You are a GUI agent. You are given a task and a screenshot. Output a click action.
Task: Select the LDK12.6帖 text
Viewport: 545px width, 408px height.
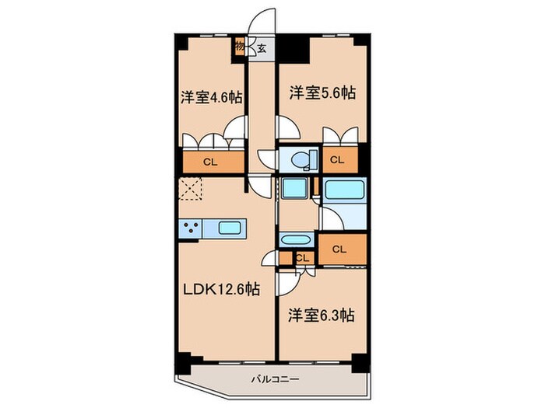tap(222, 289)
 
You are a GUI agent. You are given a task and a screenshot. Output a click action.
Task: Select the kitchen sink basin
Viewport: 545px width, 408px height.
tap(231, 228)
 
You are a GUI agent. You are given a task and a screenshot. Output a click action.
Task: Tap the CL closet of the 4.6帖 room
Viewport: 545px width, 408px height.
tap(209, 162)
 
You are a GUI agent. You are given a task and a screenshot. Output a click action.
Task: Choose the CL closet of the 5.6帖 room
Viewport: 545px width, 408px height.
tap(336, 160)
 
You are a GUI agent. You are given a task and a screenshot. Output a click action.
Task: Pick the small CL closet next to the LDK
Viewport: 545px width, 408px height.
tap(302, 257)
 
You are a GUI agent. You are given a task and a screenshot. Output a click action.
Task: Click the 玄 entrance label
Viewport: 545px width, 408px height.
tap(262, 48)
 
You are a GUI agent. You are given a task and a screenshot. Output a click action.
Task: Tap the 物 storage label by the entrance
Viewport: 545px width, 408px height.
tap(240, 47)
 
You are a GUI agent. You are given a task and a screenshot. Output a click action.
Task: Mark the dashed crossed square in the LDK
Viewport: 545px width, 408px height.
tap(190, 190)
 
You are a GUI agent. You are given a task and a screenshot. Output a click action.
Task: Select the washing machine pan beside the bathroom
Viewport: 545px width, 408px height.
tap(294, 189)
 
